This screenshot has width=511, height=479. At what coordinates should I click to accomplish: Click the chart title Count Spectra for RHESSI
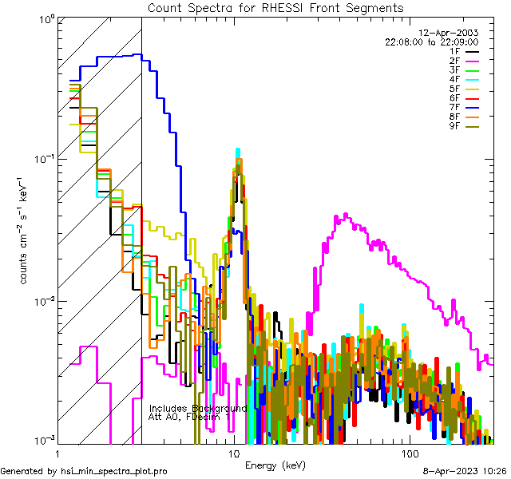275,7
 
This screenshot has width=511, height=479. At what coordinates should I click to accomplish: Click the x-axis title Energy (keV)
275,465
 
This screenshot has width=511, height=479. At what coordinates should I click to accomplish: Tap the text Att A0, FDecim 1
188,417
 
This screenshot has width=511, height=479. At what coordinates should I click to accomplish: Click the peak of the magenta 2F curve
346,214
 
